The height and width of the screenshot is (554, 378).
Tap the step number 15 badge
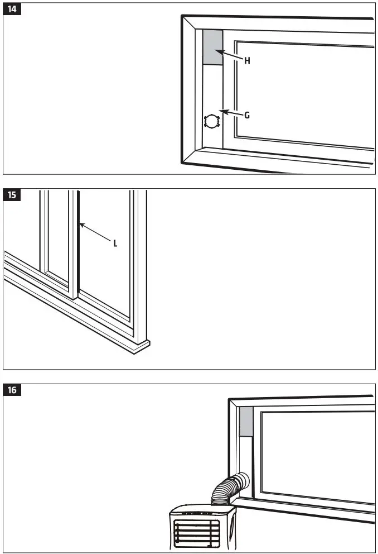[13, 195]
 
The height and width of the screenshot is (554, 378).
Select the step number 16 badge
[13, 390]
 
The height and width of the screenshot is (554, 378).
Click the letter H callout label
[246, 61]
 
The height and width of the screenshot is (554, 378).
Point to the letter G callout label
[246, 115]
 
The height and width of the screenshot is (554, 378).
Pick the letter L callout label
[115, 243]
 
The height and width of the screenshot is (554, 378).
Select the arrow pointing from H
[229, 55]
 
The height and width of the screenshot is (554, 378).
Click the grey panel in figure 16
[246, 422]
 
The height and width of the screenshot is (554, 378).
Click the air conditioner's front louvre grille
[192, 533]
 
